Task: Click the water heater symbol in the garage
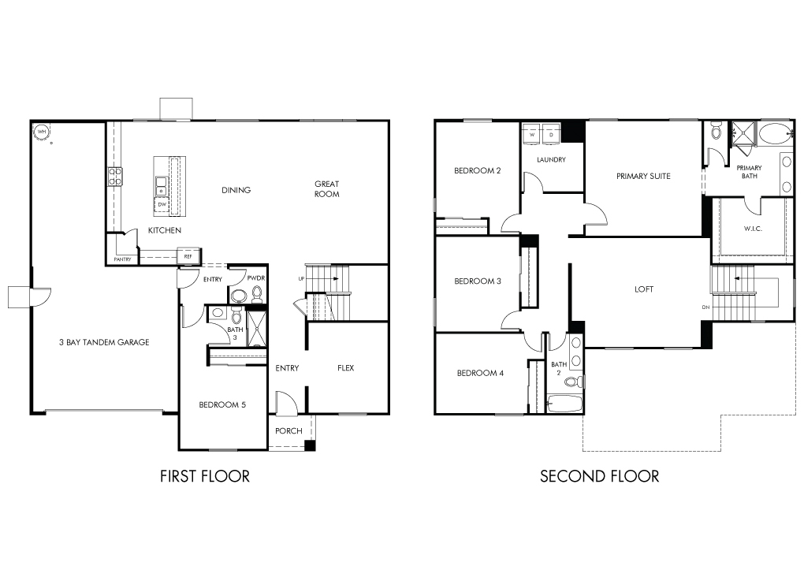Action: pyautogui.click(x=42, y=132)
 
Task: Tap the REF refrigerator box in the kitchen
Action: pyautogui.click(x=188, y=256)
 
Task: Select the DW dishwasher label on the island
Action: pyautogui.click(x=162, y=204)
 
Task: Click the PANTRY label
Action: pyautogui.click(x=122, y=259)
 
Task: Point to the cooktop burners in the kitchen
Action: pyautogui.click(x=115, y=176)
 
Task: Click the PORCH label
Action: pyautogui.click(x=288, y=430)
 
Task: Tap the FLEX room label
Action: pyautogui.click(x=345, y=367)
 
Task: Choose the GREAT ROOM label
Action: pyautogui.click(x=326, y=188)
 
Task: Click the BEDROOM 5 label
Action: pyautogui.click(x=222, y=404)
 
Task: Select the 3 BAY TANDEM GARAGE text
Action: pyautogui.click(x=104, y=342)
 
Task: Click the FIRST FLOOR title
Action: pyautogui.click(x=205, y=476)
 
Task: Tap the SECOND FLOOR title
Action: pyautogui.click(x=599, y=476)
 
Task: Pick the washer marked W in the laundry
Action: pyautogui.click(x=532, y=132)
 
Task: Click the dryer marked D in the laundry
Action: pyautogui.click(x=551, y=132)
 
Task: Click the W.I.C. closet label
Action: pyautogui.click(x=753, y=228)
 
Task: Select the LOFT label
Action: pyautogui.click(x=644, y=289)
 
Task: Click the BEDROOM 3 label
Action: pyautogui.click(x=478, y=281)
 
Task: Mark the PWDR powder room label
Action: pyautogui.click(x=256, y=278)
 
